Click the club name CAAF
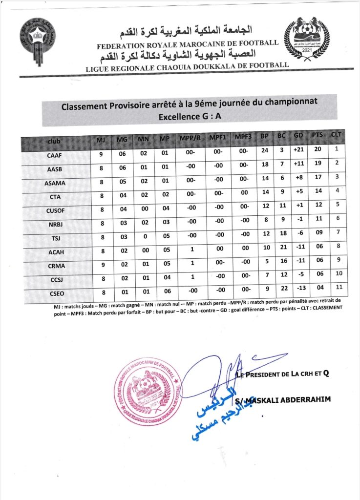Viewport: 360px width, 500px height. (x=54, y=156)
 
